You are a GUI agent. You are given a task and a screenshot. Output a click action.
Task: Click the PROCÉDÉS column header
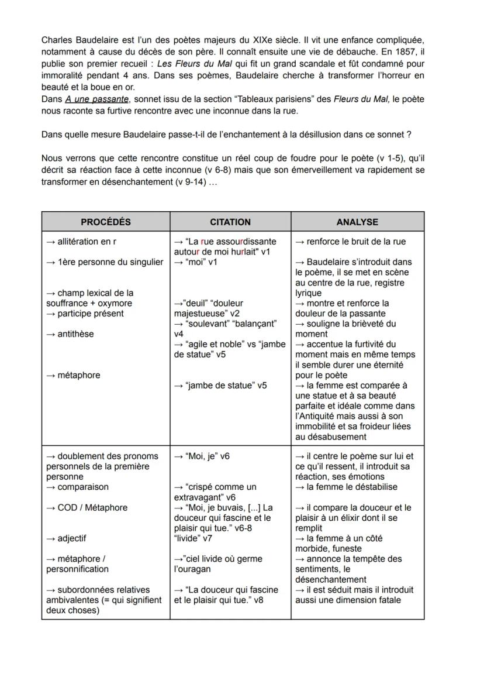(105, 222)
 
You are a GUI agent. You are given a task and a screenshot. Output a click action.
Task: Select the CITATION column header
(230, 222)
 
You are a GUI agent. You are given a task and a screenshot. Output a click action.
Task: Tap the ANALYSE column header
(357, 222)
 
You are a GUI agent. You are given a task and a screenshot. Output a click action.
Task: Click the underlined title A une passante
(97, 99)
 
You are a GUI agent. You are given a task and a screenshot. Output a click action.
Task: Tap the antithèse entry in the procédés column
(72, 334)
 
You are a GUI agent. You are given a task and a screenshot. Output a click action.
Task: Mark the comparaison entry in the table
(79, 487)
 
